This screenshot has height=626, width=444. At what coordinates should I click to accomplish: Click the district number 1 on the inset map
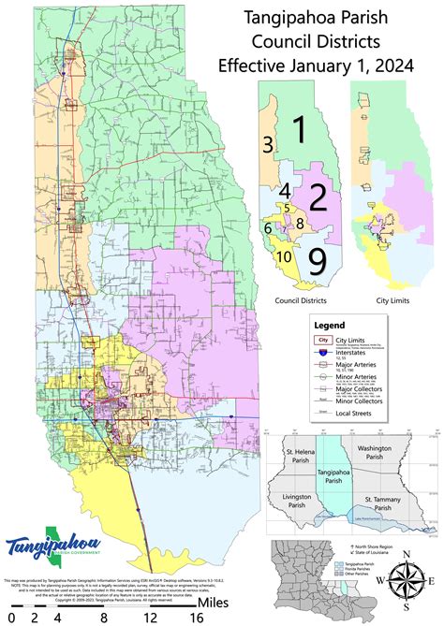pos(300,130)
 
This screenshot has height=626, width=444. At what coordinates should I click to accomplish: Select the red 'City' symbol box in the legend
pos(323,341)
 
